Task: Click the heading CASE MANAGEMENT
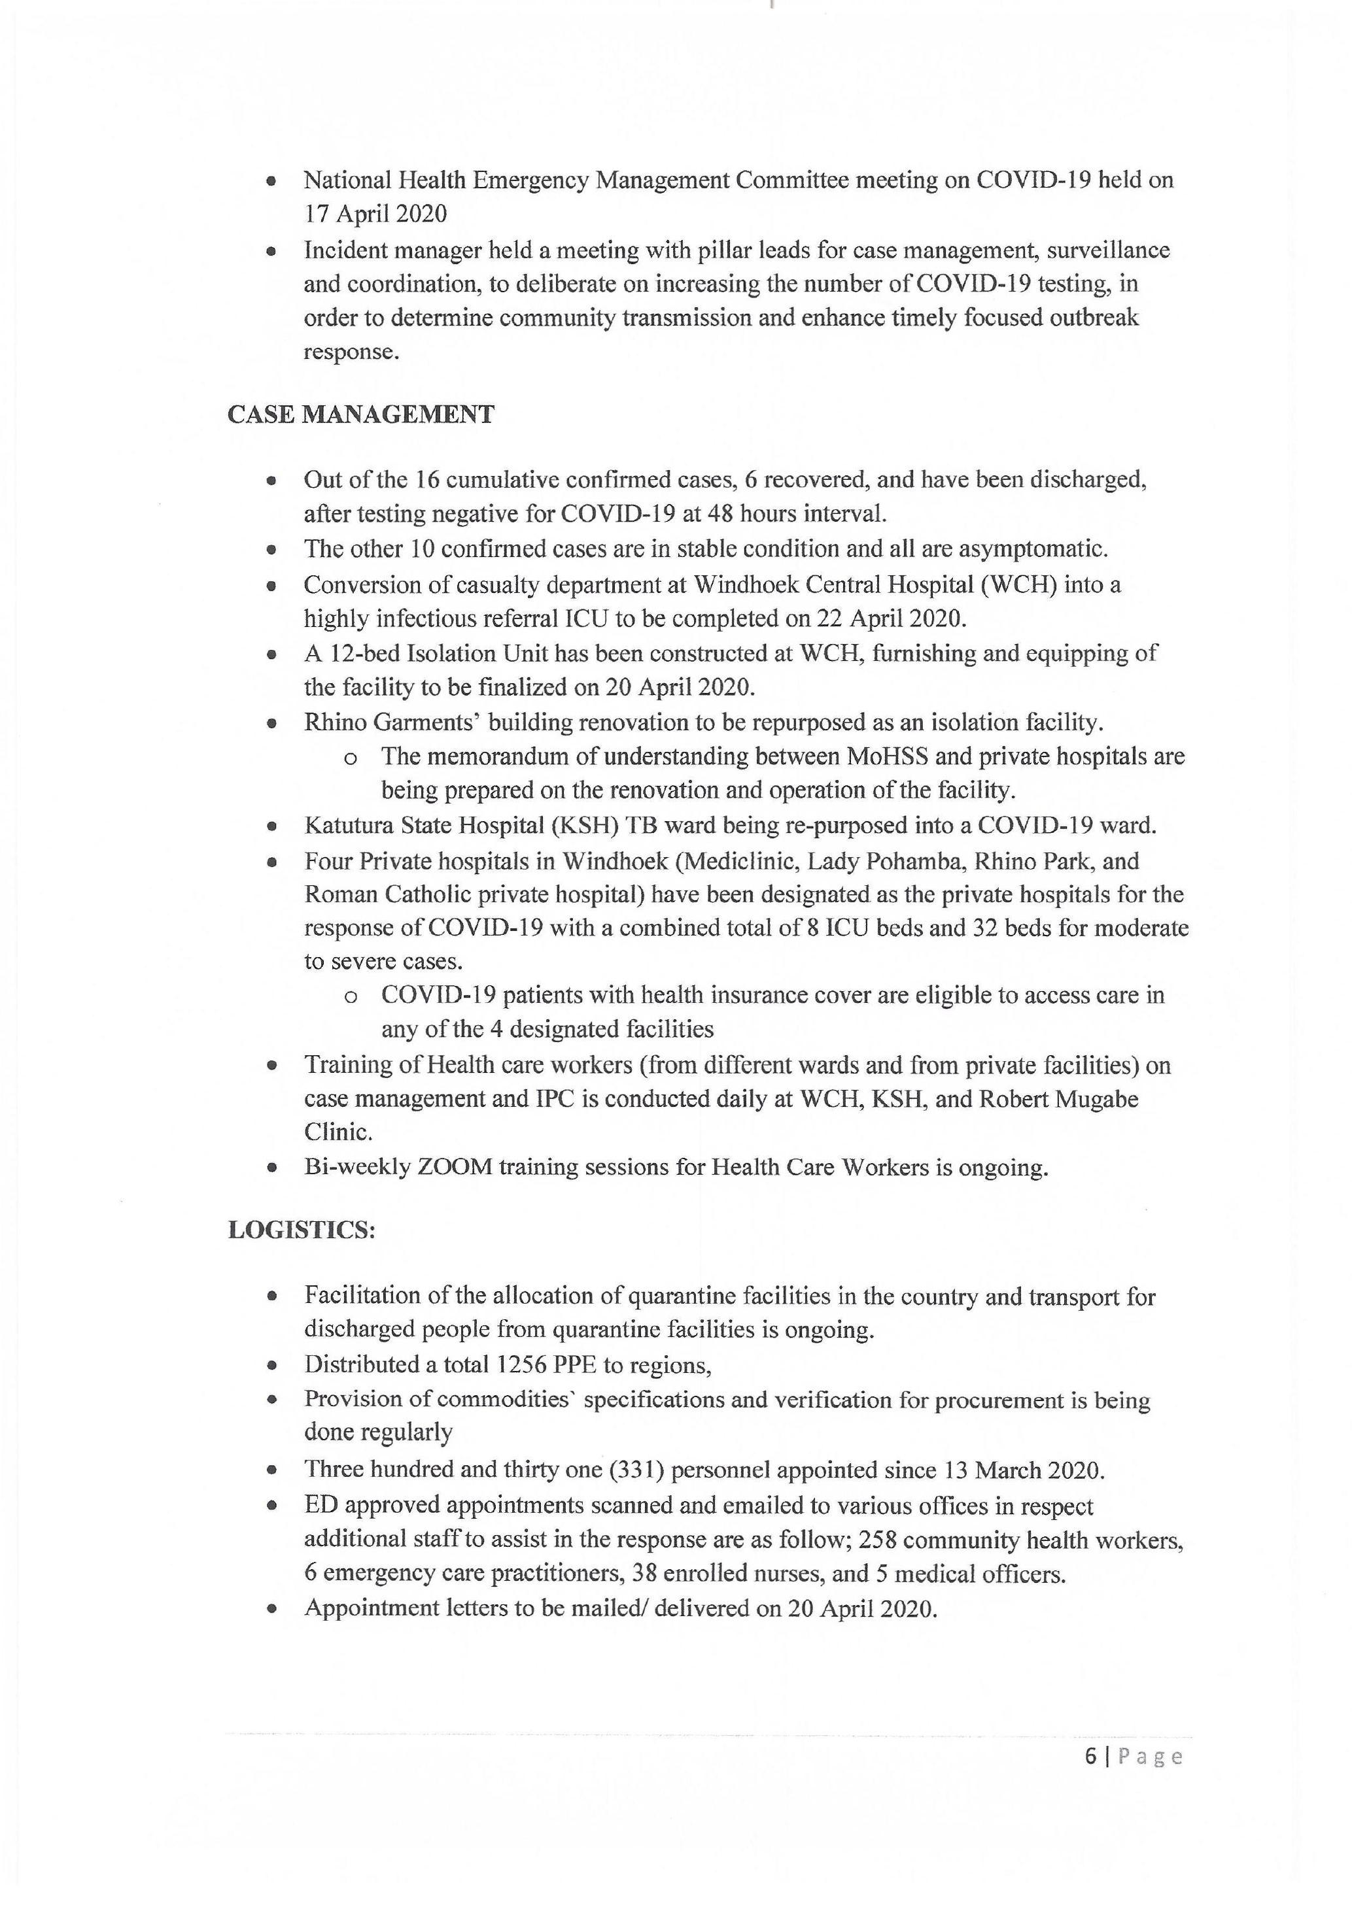click(360, 414)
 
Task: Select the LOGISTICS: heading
click(302, 1230)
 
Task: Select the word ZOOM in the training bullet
click(455, 1168)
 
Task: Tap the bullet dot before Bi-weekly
click(271, 1168)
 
